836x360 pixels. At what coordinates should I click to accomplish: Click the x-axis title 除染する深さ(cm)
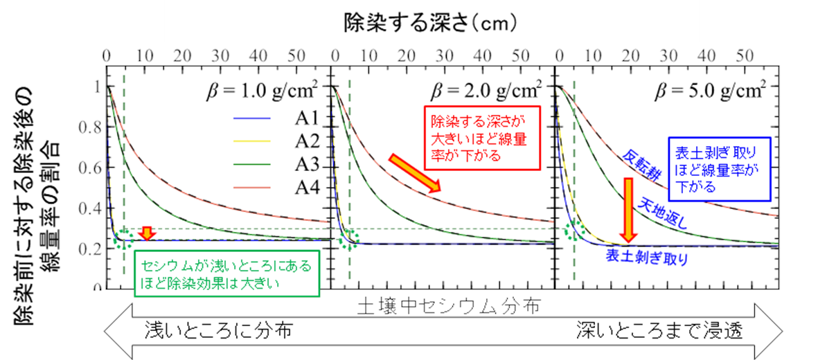click(430, 24)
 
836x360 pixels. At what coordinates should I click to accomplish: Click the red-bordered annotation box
click(479, 138)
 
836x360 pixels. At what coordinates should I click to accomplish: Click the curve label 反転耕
click(640, 165)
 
